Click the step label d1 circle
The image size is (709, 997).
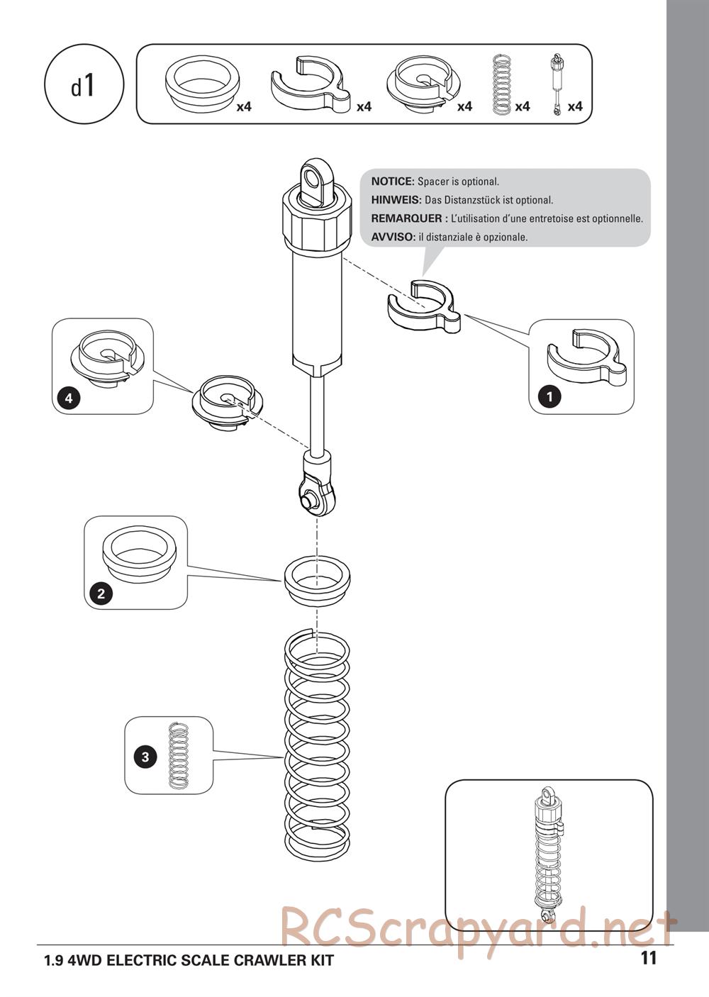pos(84,86)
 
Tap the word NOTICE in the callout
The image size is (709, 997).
pos(392,182)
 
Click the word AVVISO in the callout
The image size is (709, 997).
pos(392,237)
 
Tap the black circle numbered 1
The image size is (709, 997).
pos(549,396)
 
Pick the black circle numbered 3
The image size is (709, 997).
pos(145,757)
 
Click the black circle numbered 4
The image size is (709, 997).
pos(69,398)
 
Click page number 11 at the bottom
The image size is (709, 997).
pos(648,958)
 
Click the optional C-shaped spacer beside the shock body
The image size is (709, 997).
pos(423,307)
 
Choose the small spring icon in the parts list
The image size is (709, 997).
pos(501,84)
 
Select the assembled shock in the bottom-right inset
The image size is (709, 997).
pos(548,851)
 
